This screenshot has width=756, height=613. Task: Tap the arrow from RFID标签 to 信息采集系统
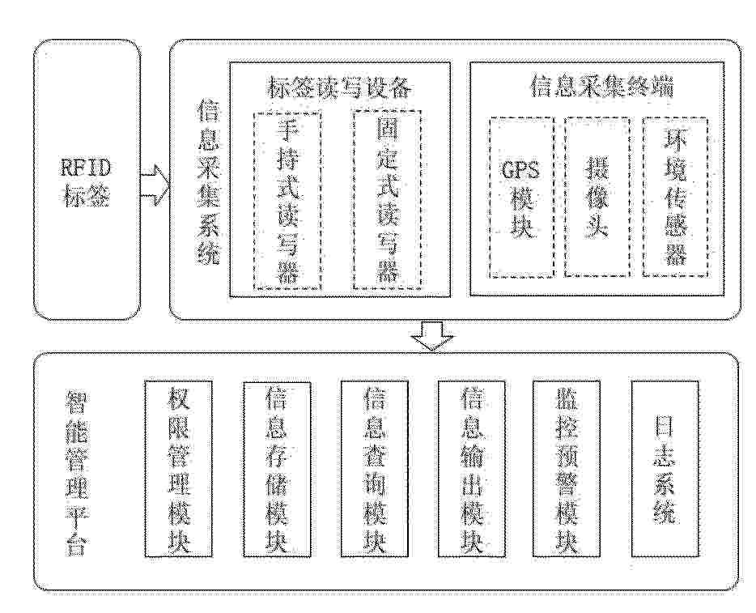click(155, 185)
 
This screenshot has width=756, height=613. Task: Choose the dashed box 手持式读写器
click(287, 201)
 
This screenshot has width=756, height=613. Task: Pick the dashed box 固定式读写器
click(387, 200)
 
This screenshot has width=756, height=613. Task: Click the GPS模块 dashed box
click(521, 198)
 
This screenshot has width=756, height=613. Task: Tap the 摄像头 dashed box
click(597, 197)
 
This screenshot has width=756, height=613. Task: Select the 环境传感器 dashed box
click(676, 197)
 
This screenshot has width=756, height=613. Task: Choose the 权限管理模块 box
click(178, 470)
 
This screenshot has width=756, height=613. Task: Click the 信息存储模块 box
click(277, 470)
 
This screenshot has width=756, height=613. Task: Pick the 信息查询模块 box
click(375, 470)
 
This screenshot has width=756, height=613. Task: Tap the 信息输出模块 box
click(472, 470)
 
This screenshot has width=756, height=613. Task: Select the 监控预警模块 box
click(567, 470)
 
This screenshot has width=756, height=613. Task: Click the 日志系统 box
click(665, 470)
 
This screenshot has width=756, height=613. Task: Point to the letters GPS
click(520, 171)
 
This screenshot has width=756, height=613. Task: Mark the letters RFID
click(87, 168)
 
